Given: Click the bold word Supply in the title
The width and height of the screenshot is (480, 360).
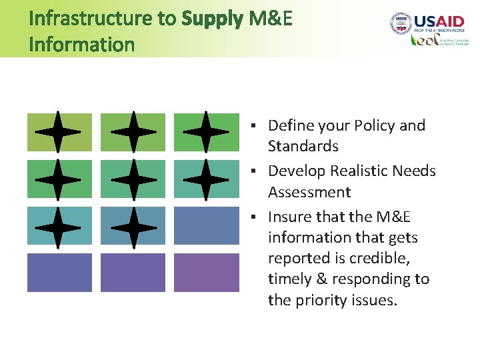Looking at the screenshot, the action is coord(212,19).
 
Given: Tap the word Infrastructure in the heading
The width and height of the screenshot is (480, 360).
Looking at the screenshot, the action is coord(91,19).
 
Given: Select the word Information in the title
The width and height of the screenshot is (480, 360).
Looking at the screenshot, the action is coord(82,45).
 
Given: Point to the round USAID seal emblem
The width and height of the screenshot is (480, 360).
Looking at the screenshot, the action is coord(401,23).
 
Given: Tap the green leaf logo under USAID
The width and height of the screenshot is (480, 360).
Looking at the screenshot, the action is coord(423,40).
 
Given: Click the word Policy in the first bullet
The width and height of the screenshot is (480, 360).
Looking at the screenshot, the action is coord(375,125).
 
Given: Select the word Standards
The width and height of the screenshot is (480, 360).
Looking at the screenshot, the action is coord(303,146).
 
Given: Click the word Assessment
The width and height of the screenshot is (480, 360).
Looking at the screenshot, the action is coord(309,192).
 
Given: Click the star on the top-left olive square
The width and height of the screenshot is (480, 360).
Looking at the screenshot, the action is coord(59,131).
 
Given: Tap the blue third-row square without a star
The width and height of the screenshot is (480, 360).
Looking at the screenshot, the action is coord(206,226).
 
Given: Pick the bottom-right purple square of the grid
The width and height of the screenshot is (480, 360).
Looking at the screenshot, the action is coord(206,273).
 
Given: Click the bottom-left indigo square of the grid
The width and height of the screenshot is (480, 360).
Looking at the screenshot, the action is coord(59,273).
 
